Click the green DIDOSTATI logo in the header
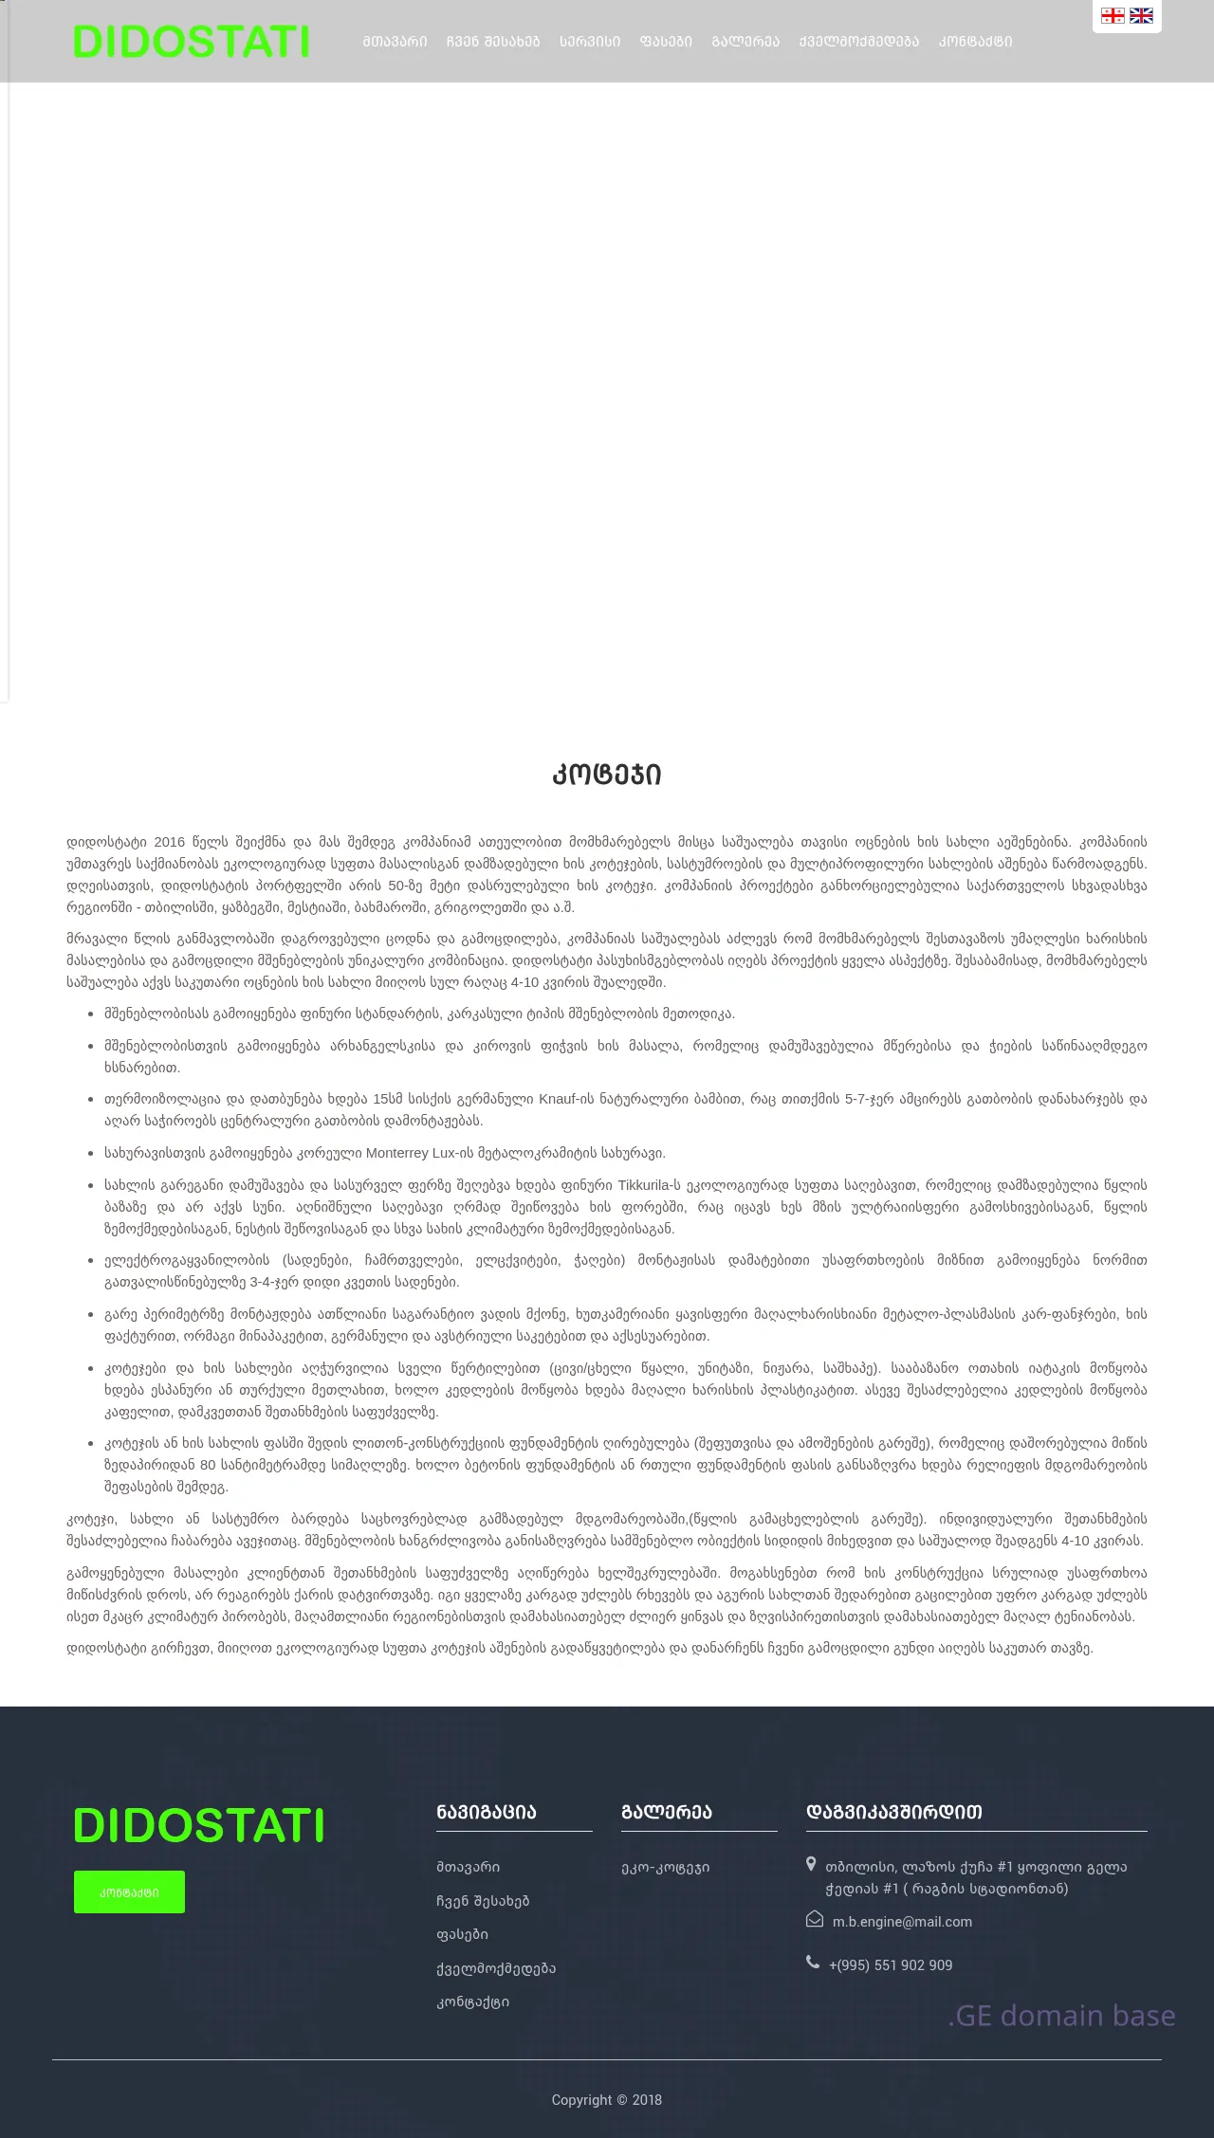pyautogui.click(x=191, y=42)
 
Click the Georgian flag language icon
pyautogui.click(x=1113, y=15)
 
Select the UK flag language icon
pyautogui.click(x=1141, y=15)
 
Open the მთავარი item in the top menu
pyautogui.click(x=395, y=42)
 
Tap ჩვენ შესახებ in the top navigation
pyautogui.click(x=492, y=42)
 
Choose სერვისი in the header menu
pyautogui.click(x=589, y=42)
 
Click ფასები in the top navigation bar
pyautogui.click(x=666, y=42)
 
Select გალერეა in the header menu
pyautogui.click(x=745, y=42)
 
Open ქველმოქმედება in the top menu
pyautogui.click(x=858, y=42)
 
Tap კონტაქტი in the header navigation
pyautogui.click(x=975, y=42)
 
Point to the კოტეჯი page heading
pyautogui.click(x=607, y=775)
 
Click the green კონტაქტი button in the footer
pyautogui.click(x=129, y=1891)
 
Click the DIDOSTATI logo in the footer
pyautogui.click(x=198, y=1825)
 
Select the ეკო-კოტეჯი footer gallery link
pyautogui.click(x=665, y=1867)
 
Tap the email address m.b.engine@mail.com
pyautogui.click(x=902, y=1922)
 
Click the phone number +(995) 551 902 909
pyautogui.click(x=890, y=1964)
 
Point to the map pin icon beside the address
pyautogui.click(x=811, y=1864)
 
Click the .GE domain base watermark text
pyautogui.click(x=1061, y=2015)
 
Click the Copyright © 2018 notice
pyautogui.click(x=607, y=2099)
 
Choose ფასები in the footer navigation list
pyautogui.click(x=462, y=1934)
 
